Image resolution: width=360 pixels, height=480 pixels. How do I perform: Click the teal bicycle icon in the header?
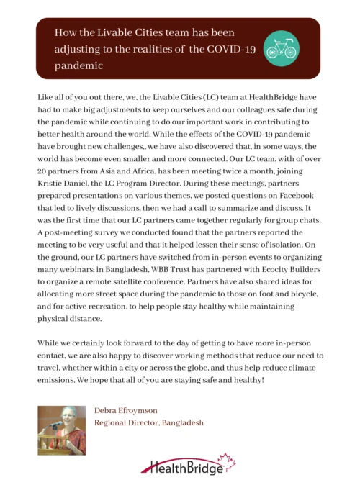281,47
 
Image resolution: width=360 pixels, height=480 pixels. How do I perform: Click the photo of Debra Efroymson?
62,429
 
